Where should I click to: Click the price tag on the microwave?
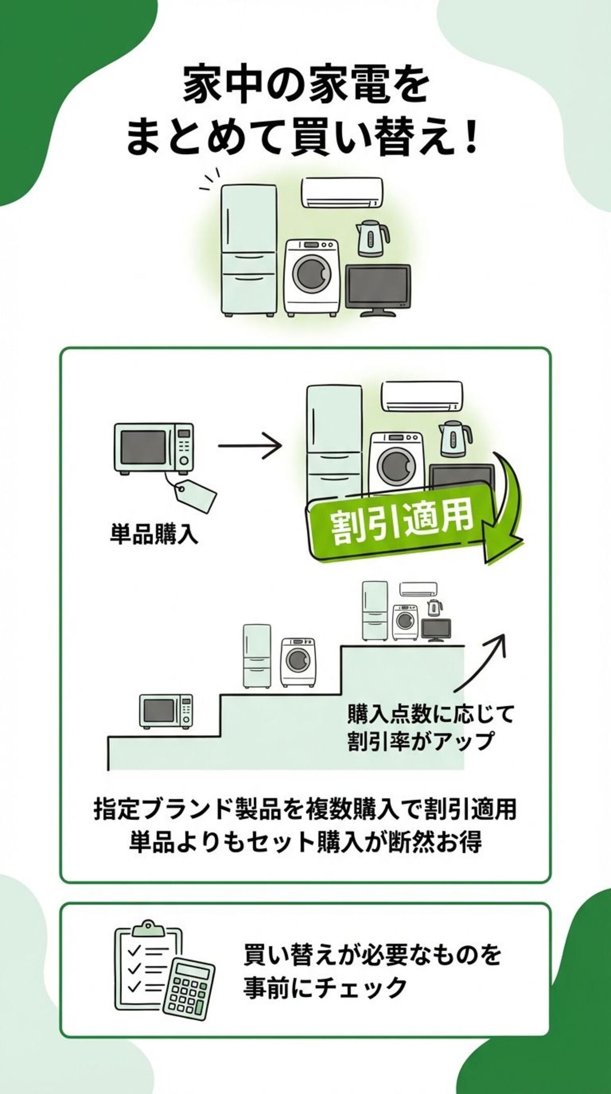click(196, 496)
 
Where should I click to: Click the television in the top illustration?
click(378, 287)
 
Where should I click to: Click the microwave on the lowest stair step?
click(166, 711)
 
